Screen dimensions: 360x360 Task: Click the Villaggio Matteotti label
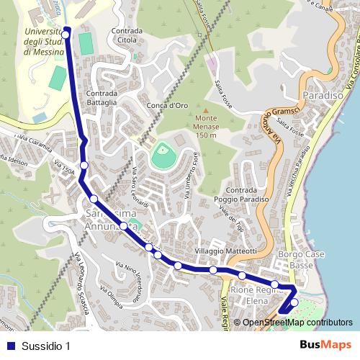coord(225,251)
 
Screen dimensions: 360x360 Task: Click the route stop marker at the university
coord(66,33)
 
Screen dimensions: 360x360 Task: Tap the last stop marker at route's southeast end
coord(294,302)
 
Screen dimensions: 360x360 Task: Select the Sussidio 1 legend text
coord(45,346)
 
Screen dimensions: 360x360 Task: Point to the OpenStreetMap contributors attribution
coord(297,323)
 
